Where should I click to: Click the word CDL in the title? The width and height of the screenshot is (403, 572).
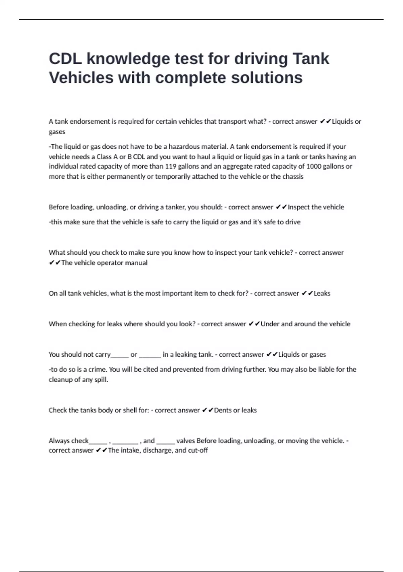pos(65,59)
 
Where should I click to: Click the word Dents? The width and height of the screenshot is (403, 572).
pos(223,410)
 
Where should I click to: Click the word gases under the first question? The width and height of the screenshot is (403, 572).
pos(57,132)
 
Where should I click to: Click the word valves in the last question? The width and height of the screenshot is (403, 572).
pos(185,441)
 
